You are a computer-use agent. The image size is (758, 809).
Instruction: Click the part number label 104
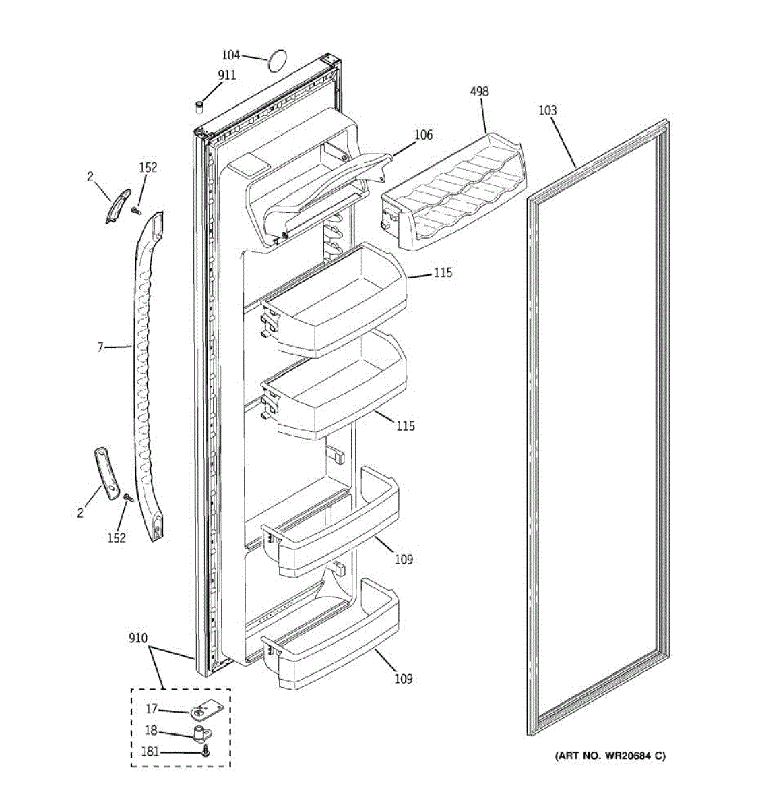[x=231, y=55]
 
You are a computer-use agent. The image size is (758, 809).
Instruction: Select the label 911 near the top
[x=226, y=76]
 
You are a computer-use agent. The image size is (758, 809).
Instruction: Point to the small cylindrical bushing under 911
[x=199, y=105]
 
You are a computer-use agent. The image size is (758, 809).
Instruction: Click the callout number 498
[x=479, y=92]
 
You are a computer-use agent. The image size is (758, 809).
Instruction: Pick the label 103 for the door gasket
[x=548, y=111]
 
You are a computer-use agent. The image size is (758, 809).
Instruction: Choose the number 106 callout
[x=423, y=136]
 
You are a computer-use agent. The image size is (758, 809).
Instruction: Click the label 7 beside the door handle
[x=100, y=348]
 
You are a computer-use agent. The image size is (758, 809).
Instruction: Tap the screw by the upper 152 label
[x=137, y=212]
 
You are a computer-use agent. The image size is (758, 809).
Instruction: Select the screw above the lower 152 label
[x=127, y=498]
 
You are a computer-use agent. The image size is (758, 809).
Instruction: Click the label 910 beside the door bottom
[x=137, y=638]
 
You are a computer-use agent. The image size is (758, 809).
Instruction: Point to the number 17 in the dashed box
[x=152, y=709]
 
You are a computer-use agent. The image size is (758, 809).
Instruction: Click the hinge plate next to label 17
[x=200, y=713]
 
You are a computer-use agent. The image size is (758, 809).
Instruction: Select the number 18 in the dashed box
[x=152, y=730]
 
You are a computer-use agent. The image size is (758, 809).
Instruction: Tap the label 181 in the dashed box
[x=150, y=751]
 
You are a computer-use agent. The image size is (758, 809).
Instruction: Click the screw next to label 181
[x=205, y=752]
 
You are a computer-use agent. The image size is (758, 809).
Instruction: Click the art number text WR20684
[x=609, y=756]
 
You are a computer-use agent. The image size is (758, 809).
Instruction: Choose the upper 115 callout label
[x=443, y=273]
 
